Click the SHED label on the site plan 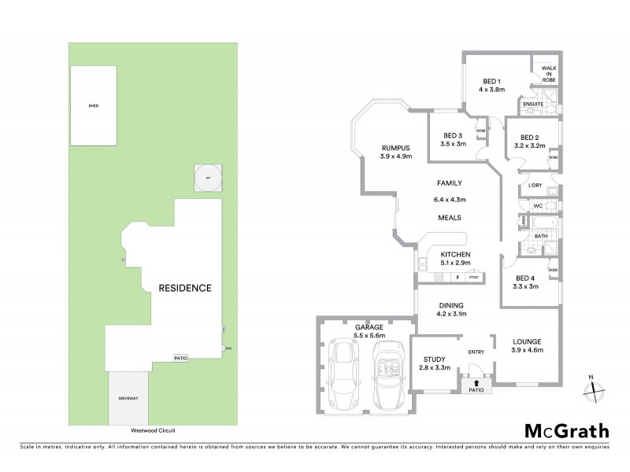[94, 105]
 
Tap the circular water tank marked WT [209, 179]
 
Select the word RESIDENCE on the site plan [185, 288]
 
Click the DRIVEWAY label [128, 399]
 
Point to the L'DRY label [536, 186]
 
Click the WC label [539, 206]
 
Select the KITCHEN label [455, 254]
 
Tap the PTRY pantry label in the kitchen [474, 278]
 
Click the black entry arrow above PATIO [476, 382]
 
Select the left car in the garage [345, 374]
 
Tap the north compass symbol [596, 387]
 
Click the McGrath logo [566, 430]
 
